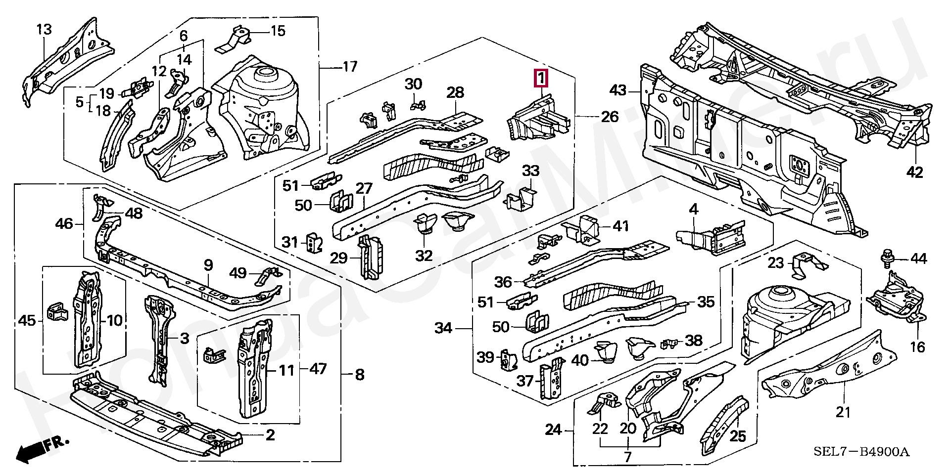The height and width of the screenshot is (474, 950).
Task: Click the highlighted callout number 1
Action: pyautogui.click(x=541, y=78)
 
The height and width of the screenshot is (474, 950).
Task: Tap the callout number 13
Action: pyautogui.click(x=44, y=29)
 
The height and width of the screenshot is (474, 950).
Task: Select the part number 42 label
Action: pyautogui.click(x=915, y=172)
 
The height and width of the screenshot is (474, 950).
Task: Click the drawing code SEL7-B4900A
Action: pyautogui.click(x=862, y=452)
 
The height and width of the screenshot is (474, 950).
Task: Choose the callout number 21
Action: pyautogui.click(x=843, y=411)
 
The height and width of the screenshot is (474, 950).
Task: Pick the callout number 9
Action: pyautogui.click(x=208, y=265)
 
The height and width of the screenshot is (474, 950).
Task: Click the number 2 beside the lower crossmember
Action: pyautogui.click(x=270, y=435)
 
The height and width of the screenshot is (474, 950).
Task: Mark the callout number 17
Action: pyautogui.click(x=350, y=66)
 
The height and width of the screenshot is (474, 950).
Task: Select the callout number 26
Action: pyautogui.click(x=610, y=117)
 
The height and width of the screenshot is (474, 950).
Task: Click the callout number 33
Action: pyautogui.click(x=530, y=171)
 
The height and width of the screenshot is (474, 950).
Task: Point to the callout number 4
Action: pyautogui.click(x=694, y=210)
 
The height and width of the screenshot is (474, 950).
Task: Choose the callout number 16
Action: pyautogui.click(x=917, y=347)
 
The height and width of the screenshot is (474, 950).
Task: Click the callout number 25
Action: pyautogui.click(x=738, y=436)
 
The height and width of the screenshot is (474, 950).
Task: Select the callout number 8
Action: pyautogui.click(x=360, y=375)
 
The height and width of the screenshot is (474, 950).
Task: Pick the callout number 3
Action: pyautogui.click(x=184, y=339)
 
